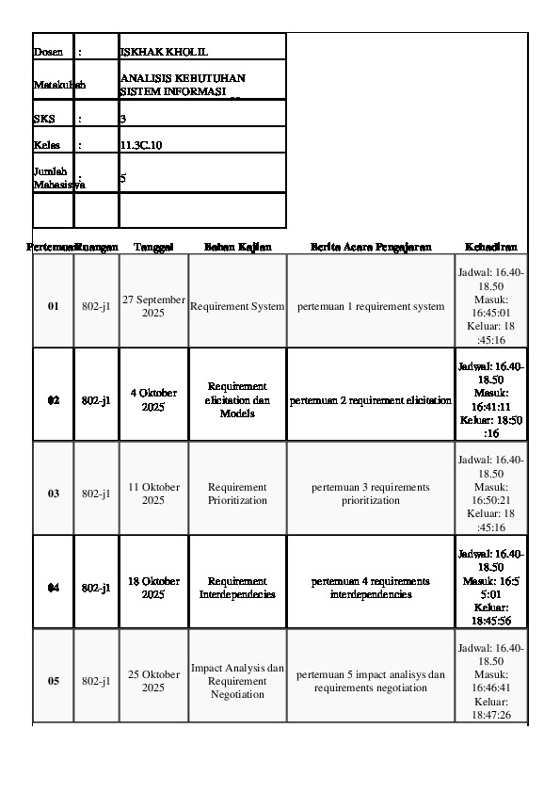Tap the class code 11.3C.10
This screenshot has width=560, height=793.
click(141, 146)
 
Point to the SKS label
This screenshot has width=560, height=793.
click(42, 120)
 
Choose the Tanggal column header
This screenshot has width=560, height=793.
click(153, 247)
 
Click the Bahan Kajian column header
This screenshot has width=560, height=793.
click(237, 247)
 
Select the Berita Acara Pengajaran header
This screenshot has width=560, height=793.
click(371, 247)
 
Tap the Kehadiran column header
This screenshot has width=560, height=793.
click(490, 247)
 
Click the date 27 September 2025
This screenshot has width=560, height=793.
click(153, 305)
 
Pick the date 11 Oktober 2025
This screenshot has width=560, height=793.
click(153, 493)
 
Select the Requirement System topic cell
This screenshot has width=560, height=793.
click(237, 306)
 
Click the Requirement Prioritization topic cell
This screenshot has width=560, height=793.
click(237, 494)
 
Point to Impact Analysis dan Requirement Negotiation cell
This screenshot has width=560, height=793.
click(237, 680)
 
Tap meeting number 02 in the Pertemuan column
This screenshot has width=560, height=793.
click(54, 400)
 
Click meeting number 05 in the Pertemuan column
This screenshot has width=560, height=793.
click(54, 681)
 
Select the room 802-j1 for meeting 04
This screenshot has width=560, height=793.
click(96, 588)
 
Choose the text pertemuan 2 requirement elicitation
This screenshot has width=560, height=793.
click(371, 400)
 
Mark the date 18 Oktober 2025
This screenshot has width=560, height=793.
click(153, 587)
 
